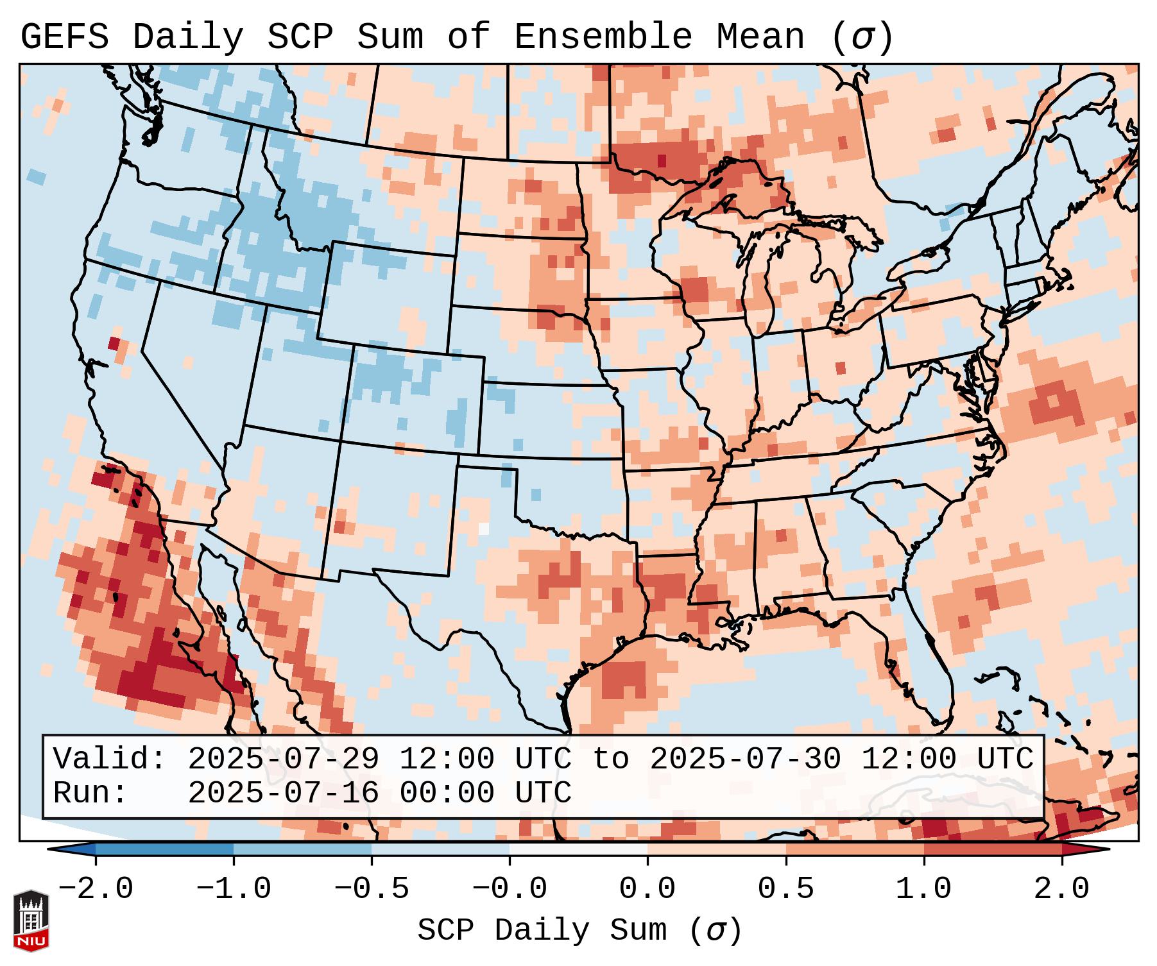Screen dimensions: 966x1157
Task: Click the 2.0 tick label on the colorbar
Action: pos(1061,889)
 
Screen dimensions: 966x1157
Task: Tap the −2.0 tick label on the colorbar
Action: pos(96,889)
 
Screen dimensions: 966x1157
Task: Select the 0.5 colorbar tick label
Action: pos(785,889)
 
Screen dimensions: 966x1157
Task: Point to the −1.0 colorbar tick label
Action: pos(234,889)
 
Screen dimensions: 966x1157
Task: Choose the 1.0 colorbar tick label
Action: pos(923,889)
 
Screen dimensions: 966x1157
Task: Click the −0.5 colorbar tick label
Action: pos(372,889)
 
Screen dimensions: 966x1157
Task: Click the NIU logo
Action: pos(31,921)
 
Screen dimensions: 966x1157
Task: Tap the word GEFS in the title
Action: pos(64,37)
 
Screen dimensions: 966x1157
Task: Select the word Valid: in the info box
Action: pos(110,759)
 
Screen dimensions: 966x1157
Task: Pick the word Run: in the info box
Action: pos(90,793)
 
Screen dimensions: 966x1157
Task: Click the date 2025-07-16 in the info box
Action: pos(283,793)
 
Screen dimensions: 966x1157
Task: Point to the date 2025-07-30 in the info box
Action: pos(745,759)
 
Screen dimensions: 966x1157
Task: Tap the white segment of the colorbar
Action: pos(578,849)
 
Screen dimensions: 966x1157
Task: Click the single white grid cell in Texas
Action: pos(484,529)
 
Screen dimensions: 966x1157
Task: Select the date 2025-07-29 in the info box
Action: pos(283,759)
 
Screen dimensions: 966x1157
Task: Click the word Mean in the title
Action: pos(760,37)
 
